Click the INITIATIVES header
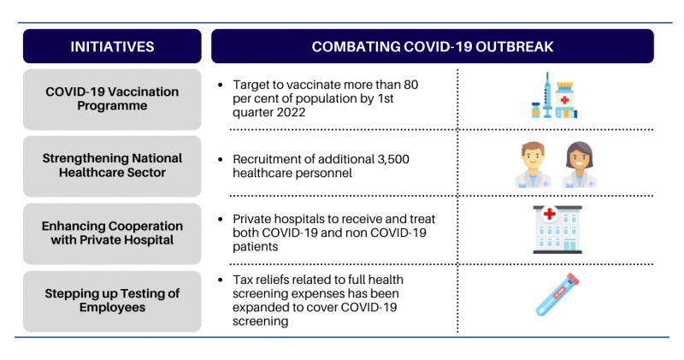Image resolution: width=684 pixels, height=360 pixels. (x=112, y=46)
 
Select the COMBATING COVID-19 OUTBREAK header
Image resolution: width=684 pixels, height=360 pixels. (x=433, y=46)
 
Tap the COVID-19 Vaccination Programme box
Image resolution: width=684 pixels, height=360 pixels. (x=112, y=99)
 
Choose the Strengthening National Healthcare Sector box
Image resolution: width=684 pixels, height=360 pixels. (x=112, y=166)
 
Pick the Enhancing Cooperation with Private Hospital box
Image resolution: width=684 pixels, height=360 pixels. (x=112, y=233)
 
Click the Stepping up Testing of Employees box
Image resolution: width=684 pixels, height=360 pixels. (x=112, y=301)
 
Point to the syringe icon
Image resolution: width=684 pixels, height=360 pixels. (x=547, y=95)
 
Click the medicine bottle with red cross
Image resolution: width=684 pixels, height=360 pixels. (x=565, y=100)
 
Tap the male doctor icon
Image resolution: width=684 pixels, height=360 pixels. (x=533, y=164)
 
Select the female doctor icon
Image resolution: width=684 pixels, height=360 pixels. (x=580, y=164)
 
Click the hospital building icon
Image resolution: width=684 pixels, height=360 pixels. (x=557, y=229)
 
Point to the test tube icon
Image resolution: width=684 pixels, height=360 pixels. (x=557, y=294)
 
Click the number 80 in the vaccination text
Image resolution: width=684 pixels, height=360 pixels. (x=410, y=84)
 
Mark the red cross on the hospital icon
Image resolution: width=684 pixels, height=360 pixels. (x=550, y=214)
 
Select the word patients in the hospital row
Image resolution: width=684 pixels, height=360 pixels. (x=255, y=246)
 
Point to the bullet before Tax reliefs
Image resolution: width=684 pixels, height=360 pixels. (x=221, y=280)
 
